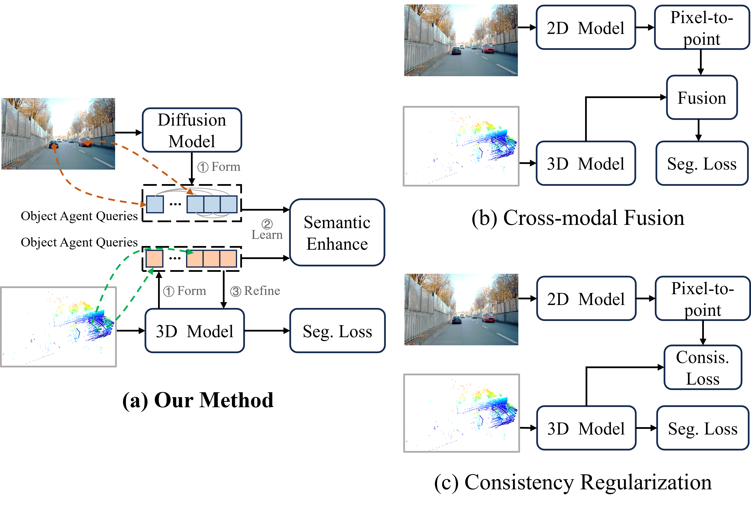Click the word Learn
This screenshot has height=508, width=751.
click(x=267, y=235)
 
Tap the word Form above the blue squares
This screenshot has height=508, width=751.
click(x=226, y=167)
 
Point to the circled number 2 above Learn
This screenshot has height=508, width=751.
click(x=267, y=224)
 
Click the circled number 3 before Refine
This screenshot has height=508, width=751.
click(x=236, y=291)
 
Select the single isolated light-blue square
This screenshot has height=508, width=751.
click(x=155, y=204)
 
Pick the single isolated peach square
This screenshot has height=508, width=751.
click(x=154, y=259)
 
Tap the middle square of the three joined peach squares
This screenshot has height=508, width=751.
click(x=211, y=259)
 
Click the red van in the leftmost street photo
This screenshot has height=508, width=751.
click(x=84, y=142)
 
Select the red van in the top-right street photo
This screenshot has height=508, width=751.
click(x=487, y=48)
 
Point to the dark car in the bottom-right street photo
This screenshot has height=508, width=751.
click(x=456, y=320)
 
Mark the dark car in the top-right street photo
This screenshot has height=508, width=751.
click(x=456, y=50)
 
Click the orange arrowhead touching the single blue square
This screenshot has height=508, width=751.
click(x=143, y=204)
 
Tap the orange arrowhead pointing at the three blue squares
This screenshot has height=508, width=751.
click(x=190, y=191)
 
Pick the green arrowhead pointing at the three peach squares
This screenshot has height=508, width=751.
click(x=190, y=252)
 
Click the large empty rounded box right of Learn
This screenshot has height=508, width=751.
click(x=337, y=232)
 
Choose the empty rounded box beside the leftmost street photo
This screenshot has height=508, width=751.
click(x=192, y=130)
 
